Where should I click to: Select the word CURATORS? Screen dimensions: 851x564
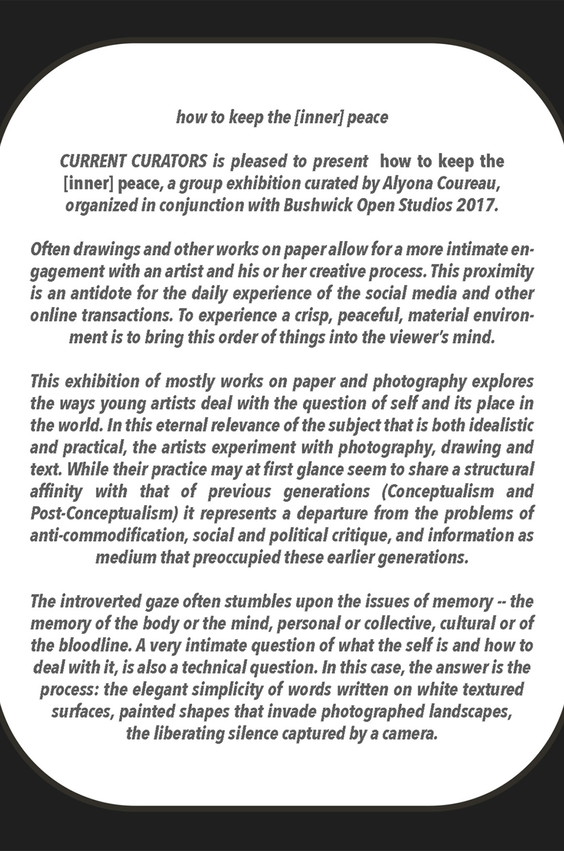point(169,161)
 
